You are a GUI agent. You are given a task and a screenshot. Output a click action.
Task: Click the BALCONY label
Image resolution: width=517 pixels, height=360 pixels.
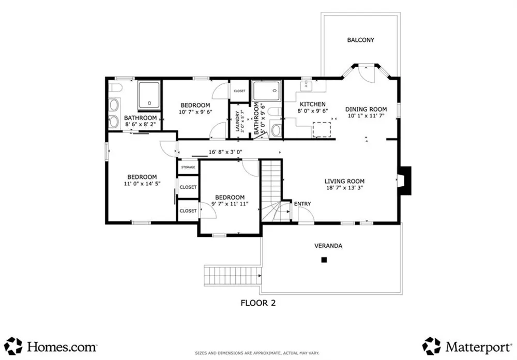[360, 40]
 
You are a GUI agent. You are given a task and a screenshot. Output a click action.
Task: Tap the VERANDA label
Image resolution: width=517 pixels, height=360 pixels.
[328, 246]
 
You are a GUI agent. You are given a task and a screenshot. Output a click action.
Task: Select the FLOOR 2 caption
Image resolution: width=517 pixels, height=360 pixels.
[258, 303]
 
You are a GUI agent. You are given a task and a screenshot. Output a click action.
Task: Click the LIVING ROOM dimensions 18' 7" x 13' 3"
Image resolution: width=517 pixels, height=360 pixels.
[344, 188]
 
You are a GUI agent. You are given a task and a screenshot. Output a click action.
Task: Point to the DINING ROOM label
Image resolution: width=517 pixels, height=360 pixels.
[366, 109]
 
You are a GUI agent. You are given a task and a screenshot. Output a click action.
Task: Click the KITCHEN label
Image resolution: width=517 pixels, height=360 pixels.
[313, 104]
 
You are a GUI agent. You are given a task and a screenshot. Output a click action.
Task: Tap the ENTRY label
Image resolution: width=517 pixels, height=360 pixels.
[302, 204]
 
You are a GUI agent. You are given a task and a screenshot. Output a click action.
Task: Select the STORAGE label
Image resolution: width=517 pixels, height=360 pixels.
[188, 167]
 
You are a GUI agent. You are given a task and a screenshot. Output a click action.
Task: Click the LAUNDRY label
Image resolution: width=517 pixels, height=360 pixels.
[237, 121]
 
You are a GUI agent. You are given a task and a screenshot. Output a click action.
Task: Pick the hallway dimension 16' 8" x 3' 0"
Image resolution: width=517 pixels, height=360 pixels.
[225, 152]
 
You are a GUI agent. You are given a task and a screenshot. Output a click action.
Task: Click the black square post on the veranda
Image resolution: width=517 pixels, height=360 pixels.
[324, 260]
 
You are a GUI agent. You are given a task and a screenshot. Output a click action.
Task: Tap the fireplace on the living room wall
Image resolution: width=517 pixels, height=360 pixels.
[405, 181]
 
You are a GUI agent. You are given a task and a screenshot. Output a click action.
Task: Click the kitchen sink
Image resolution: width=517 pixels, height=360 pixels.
[307, 85]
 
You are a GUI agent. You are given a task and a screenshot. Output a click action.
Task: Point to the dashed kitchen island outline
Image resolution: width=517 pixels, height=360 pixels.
[322, 129]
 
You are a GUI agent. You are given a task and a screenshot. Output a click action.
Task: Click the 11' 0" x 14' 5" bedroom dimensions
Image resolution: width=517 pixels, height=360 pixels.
[142, 184]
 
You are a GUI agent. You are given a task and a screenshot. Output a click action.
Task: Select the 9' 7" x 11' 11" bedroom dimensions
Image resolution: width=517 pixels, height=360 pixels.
[230, 204]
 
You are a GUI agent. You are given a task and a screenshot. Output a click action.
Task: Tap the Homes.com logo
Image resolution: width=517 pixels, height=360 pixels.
[51, 347]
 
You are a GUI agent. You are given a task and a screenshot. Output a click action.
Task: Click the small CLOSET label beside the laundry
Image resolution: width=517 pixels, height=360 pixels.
[239, 91]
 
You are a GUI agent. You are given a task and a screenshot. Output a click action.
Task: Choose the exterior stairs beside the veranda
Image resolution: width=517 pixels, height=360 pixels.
[233, 276]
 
